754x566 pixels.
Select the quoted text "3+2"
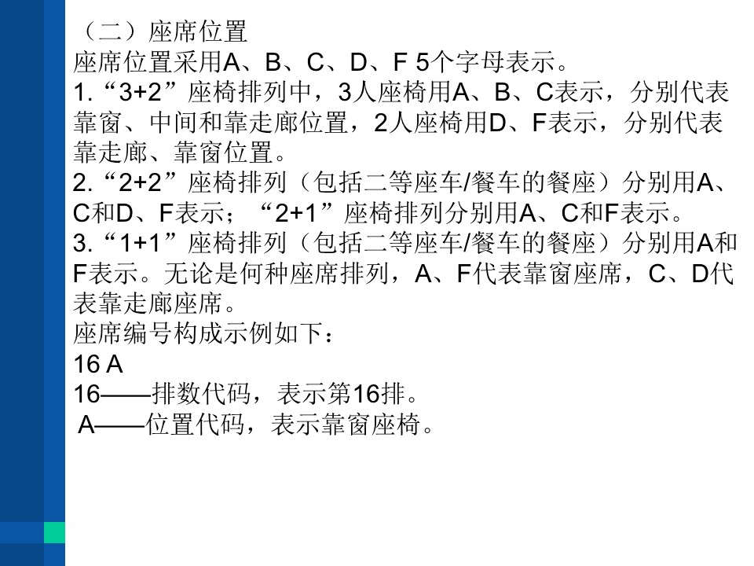coord(140,92)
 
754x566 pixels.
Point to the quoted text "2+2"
coord(140,182)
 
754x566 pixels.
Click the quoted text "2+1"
coord(295,213)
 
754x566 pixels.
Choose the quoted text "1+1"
coord(140,243)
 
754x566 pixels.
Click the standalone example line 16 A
coord(98,363)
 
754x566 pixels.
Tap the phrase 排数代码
coord(202,394)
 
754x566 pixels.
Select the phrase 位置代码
coord(196,424)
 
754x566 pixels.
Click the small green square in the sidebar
coord(54,532)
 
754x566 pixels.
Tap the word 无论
coord(188,273)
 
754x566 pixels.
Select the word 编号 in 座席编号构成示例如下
coord(148,333)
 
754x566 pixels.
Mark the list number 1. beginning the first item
coord(83,92)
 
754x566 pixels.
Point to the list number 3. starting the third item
coord(83,243)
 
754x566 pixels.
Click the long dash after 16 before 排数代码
coord(126,395)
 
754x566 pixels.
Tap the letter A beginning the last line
coord(87,424)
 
